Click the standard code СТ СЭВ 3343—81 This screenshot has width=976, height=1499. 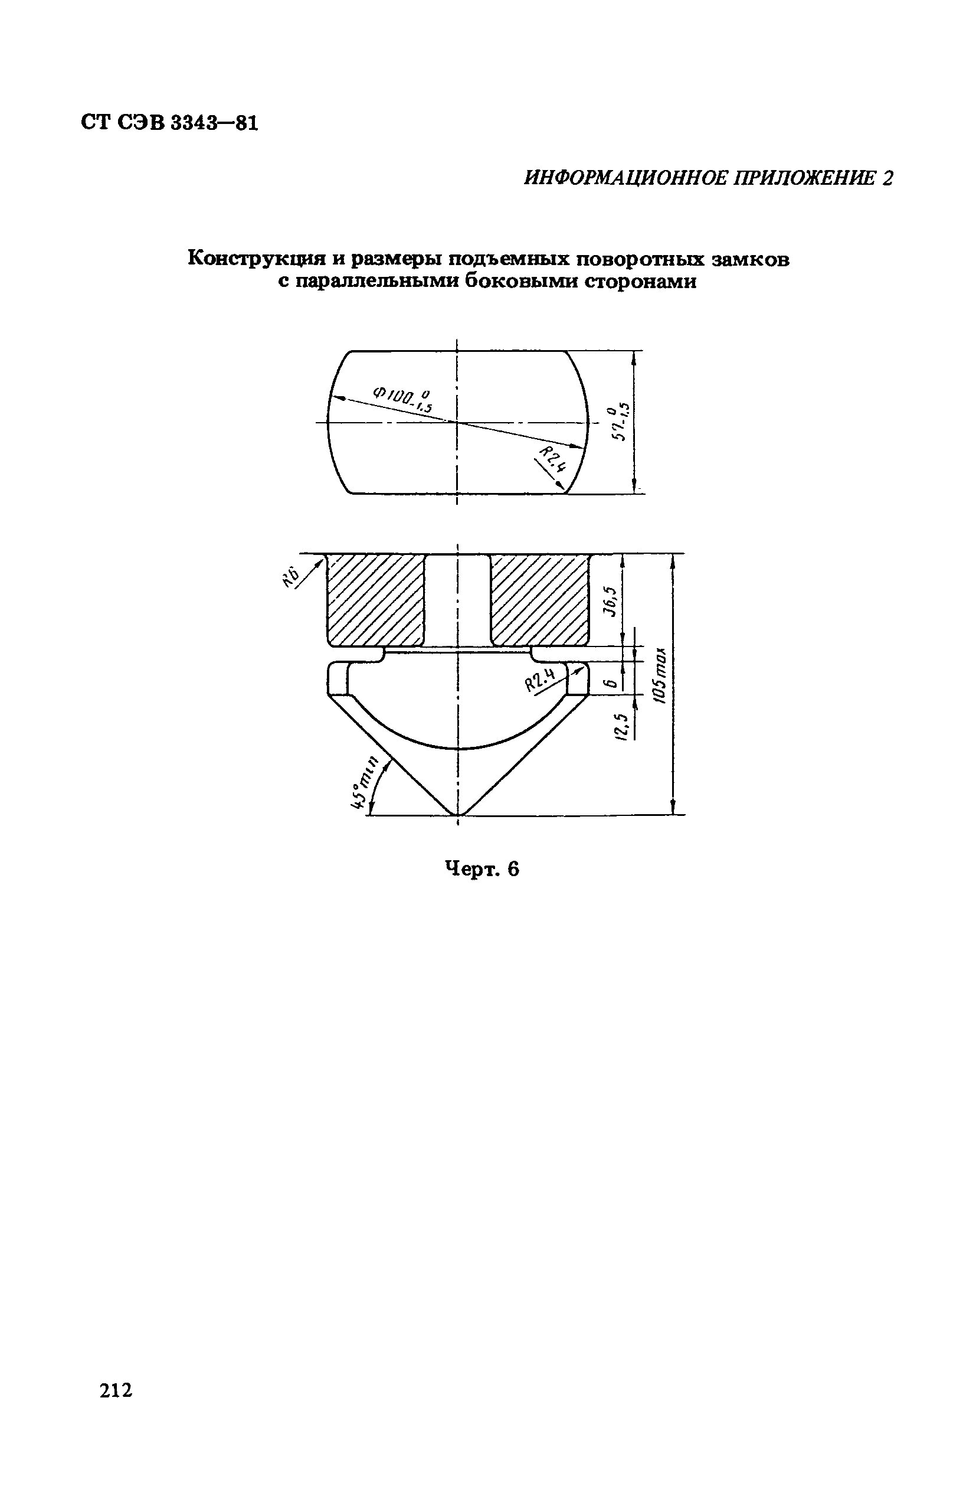point(169,122)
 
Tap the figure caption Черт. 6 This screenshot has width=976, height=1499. point(482,869)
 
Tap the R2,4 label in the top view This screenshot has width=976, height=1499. point(553,459)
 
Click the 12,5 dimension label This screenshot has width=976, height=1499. point(621,727)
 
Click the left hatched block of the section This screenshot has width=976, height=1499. point(375,599)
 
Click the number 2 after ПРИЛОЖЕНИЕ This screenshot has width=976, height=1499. point(887,179)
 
